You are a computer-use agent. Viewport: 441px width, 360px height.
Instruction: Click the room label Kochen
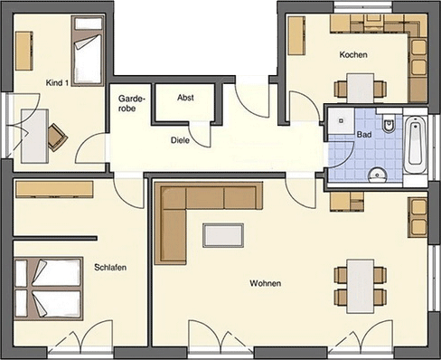tap(353, 55)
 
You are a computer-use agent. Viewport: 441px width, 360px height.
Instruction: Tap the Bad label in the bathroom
tap(365, 134)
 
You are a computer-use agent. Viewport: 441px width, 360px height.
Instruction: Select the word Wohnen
tap(265, 283)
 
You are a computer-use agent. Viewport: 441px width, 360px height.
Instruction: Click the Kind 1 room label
tap(57, 82)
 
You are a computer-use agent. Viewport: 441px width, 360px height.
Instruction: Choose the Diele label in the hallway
tap(181, 140)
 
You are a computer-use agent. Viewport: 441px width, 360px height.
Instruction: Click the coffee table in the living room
tap(223, 234)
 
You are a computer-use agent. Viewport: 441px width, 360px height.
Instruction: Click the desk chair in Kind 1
tap(56, 136)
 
